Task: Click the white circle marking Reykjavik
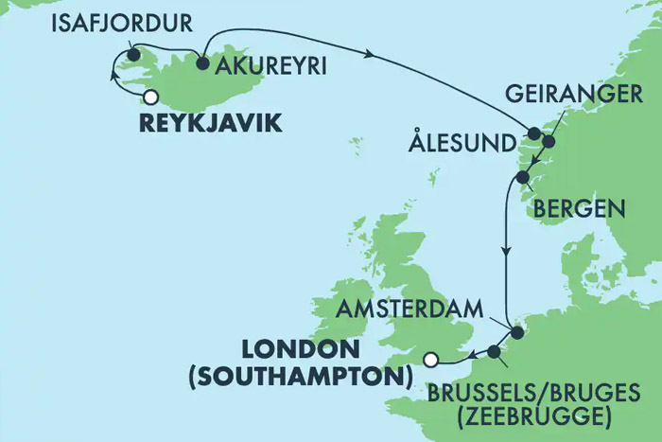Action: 149,96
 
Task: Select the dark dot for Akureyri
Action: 202,63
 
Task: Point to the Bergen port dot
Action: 522,178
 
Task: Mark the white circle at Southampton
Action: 431,359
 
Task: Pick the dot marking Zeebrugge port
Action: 493,354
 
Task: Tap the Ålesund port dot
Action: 533,133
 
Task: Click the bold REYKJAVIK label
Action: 210,123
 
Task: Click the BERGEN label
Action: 578,207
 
